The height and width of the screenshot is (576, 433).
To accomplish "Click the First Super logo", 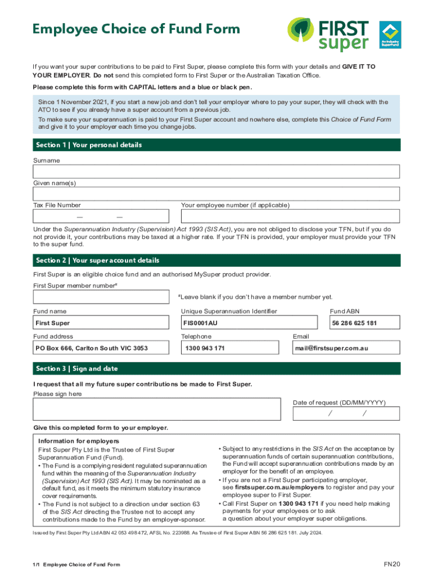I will click(328, 35).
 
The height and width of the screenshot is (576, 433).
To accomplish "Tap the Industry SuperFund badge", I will click(390, 35).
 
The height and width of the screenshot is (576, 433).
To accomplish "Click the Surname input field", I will click(216, 172).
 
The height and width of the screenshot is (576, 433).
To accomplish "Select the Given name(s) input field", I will click(216, 194).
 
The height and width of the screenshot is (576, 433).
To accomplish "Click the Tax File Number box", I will click(101, 217).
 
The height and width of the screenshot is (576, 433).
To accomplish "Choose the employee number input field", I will click(290, 217).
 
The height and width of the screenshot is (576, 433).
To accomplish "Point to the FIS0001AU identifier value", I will click(200, 323).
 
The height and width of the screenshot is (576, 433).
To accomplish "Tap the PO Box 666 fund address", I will click(92, 348).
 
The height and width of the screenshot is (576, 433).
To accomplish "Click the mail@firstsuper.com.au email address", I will click(332, 348).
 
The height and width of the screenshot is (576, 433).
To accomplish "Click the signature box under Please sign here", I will click(157, 409).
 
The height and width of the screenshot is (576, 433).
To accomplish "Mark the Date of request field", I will click(346, 414).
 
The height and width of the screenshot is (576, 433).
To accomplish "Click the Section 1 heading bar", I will click(216, 145).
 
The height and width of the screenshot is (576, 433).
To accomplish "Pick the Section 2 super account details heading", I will click(216, 260).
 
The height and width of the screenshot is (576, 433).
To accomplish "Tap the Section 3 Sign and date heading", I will click(216, 368).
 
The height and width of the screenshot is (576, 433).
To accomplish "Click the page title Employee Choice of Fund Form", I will click(136, 29).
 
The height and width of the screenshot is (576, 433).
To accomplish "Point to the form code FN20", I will click(391, 564).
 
